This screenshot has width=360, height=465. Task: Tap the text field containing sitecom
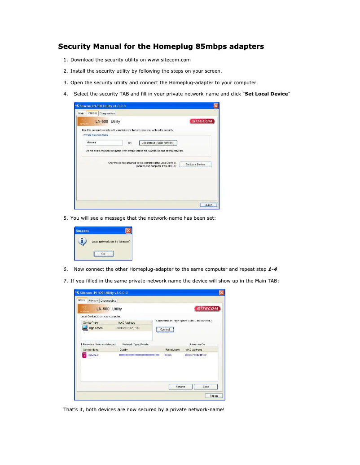[x=104, y=143]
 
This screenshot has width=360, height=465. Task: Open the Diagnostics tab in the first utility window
[x=107, y=113]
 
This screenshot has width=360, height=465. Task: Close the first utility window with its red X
[x=216, y=106]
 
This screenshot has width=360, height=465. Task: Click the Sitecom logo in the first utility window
[x=203, y=121]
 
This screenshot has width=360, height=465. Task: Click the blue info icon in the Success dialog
[x=82, y=241]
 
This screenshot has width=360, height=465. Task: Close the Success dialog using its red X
[x=128, y=230]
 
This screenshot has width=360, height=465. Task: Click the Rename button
[x=180, y=387]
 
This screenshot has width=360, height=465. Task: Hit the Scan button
[x=206, y=387]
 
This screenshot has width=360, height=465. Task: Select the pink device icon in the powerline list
[x=84, y=355]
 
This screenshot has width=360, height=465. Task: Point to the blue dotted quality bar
[x=139, y=355]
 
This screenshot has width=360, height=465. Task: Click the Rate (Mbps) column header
[x=172, y=349]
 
